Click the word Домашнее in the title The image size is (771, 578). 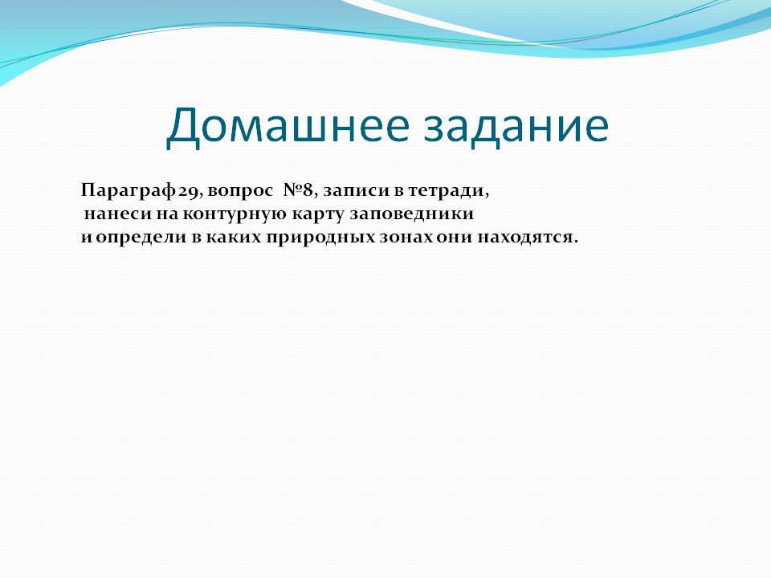coord(288,126)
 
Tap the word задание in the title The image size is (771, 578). coord(516,126)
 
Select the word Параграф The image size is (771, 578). coord(128,190)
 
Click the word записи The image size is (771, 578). coord(356,191)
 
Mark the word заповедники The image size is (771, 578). coord(412,215)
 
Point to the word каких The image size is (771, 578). coord(233,238)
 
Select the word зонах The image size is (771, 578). coord(406,238)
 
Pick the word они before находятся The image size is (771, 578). coord(453,238)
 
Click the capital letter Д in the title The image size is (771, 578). coord(183,128)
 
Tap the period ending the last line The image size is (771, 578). coord(575,242)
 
